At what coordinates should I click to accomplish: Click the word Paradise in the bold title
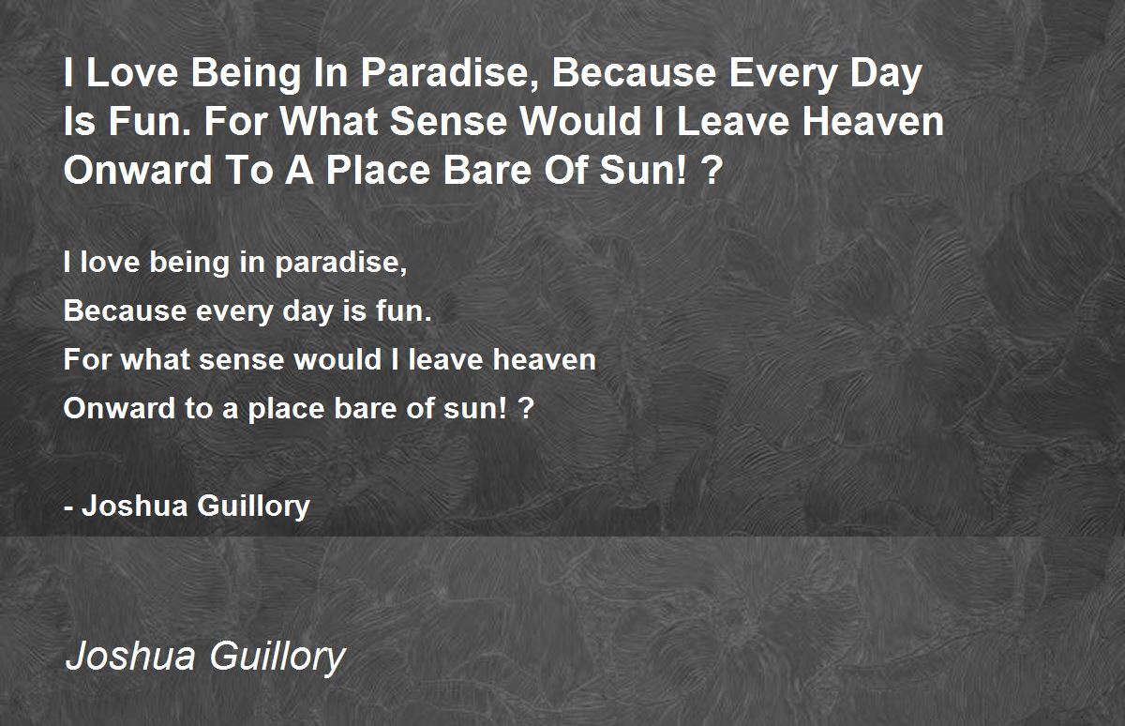point(449,74)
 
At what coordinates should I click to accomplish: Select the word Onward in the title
point(138,171)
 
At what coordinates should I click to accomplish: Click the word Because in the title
point(634,73)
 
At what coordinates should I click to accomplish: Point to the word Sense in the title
point(448,122)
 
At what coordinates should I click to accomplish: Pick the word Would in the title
point(580,122)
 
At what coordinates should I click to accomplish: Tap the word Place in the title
point(378,171)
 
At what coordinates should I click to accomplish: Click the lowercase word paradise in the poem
point(340,263)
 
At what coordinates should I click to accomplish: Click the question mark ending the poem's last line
point(527,408)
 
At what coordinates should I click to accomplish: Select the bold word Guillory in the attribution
point(254,507)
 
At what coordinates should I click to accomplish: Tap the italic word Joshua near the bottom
point(130,657)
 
